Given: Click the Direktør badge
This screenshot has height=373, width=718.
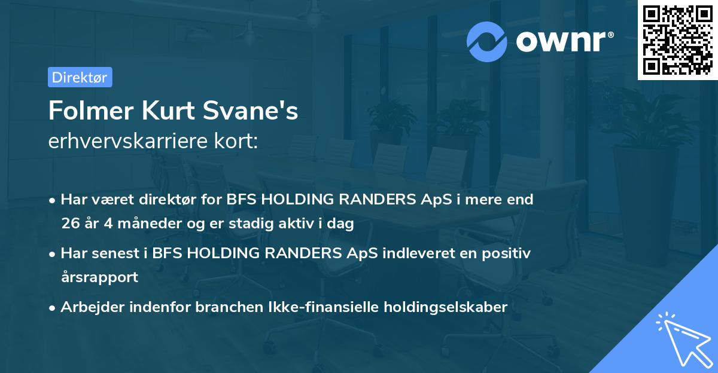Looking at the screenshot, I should click(80, 77).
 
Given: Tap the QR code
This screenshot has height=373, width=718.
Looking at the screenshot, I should click(677, 39).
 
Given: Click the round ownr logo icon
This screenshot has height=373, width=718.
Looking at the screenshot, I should click(487, 42).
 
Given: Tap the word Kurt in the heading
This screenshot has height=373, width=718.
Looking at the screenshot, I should click(175, 111).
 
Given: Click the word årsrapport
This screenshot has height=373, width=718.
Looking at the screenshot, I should click(99, 277).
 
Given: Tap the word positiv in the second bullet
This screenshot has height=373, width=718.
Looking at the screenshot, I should click(508, 253).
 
